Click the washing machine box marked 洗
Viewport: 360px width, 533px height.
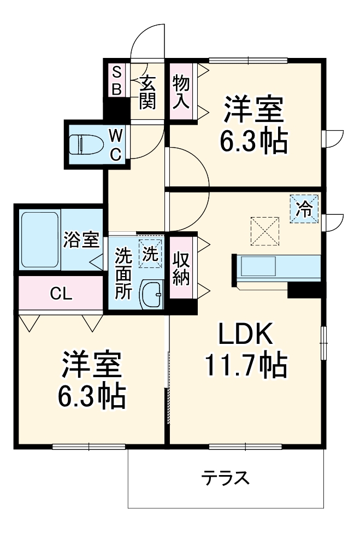(150, 253)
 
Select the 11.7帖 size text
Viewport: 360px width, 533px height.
(246, 365)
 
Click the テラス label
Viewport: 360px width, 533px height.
(225, 478)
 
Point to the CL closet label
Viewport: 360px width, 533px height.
(61, 294)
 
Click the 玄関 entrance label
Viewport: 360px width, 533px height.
(147, 92)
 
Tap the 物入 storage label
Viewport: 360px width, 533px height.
(181, 92)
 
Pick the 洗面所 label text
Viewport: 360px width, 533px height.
(123, 273)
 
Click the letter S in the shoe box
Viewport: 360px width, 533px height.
(116, 71)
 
